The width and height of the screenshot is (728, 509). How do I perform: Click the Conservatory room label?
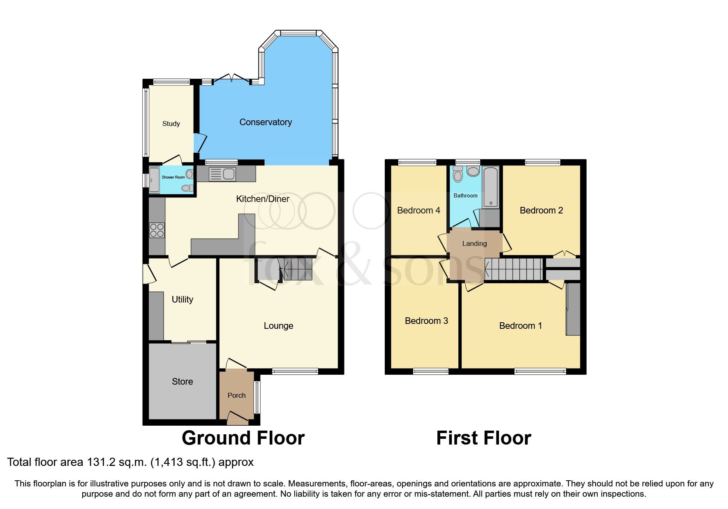pos(266,122)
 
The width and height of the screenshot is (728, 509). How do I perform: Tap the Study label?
pos(171,124)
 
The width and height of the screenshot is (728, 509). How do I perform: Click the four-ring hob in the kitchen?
pos(157,230)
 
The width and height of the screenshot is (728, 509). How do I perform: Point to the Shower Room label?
pos(173,177)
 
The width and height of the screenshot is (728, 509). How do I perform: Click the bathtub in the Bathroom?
pos(490,187)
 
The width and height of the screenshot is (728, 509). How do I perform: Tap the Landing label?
pos(474,243)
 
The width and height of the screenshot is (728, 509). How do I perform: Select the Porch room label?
pos(236,395)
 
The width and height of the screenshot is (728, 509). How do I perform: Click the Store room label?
pos(182,382)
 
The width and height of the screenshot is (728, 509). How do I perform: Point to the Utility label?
pos(182,300)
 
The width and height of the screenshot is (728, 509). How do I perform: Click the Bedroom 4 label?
pos(418,211)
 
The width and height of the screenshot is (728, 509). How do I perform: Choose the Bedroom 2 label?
pos(541,211)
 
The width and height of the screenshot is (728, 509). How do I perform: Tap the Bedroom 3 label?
pos(426,321)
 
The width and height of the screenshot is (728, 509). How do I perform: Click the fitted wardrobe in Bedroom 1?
pos(573,309)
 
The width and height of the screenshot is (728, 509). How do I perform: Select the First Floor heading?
pos(483,438)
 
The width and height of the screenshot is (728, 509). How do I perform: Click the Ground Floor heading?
pos(243,438)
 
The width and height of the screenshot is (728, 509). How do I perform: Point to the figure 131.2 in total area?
pos(101,462)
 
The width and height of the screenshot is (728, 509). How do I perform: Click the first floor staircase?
pos(514,269)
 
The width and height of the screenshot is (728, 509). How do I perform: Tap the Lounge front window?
pos(295,371)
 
